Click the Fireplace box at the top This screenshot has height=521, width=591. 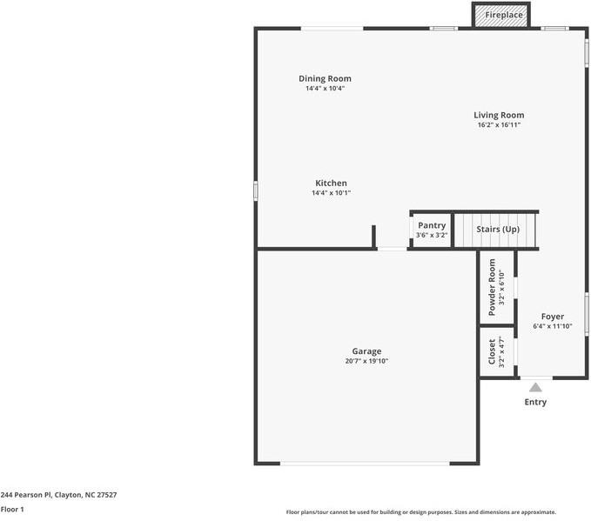(503, 16)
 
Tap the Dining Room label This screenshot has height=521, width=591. (325, 79)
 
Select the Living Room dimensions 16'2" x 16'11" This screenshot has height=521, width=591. (499, 125)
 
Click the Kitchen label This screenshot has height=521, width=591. (331, 184)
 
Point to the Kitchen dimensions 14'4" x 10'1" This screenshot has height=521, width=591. (331, 194)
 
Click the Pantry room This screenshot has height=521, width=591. (431, 230)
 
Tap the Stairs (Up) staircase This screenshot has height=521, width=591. (497, 230)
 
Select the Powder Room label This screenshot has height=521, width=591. (493, 287)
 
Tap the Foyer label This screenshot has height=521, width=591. (552, 317)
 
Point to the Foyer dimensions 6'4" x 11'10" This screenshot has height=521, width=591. (552, 327)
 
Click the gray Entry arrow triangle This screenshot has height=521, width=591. (535, 388)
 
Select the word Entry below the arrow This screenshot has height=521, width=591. (535, 403)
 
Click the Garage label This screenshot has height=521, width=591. (366, 351)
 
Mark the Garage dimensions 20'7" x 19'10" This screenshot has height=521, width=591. (366, 362)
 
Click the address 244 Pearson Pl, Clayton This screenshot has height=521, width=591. (58, 495)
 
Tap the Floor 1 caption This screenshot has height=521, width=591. (12, 510)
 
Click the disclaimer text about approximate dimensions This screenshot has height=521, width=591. (420, 512)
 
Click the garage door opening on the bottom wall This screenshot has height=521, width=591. (365, 463)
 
